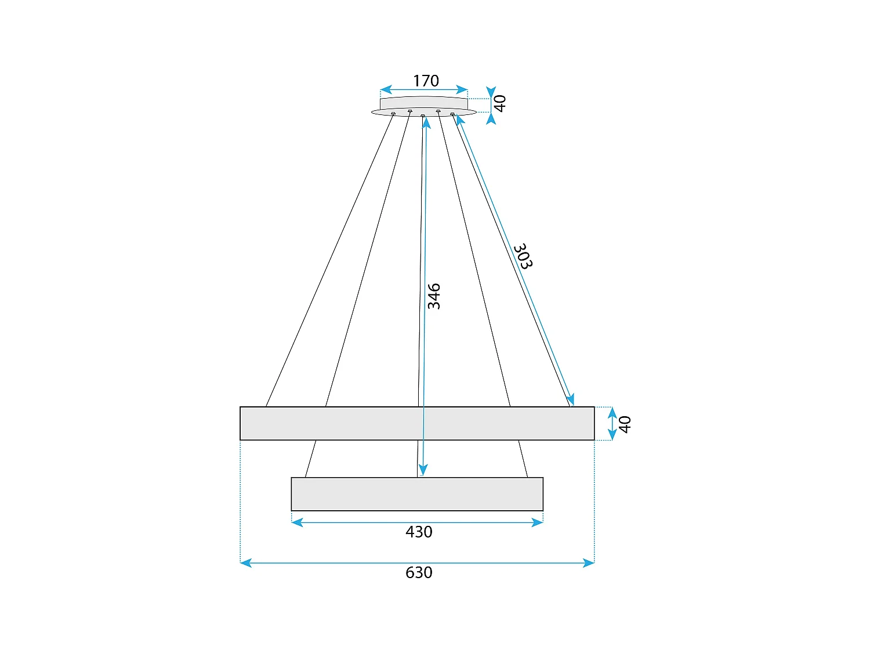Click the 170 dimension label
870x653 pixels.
(426, 81)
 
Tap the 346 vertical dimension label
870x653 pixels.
(434, 296)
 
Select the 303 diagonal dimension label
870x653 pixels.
(523, 256)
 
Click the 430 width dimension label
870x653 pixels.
(419, 532)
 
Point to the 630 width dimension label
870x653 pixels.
(419, 572)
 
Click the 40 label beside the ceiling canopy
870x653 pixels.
(500, 103)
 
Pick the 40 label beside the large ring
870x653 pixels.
(625, 424)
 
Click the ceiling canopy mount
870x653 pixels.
(423, 106)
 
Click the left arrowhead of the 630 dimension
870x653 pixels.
(245, 562)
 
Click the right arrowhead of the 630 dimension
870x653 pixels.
(589, 562)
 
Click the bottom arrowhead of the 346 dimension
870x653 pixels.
(423, 471)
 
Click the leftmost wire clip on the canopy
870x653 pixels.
(393, 114)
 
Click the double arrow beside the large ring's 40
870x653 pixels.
(612, 424)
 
